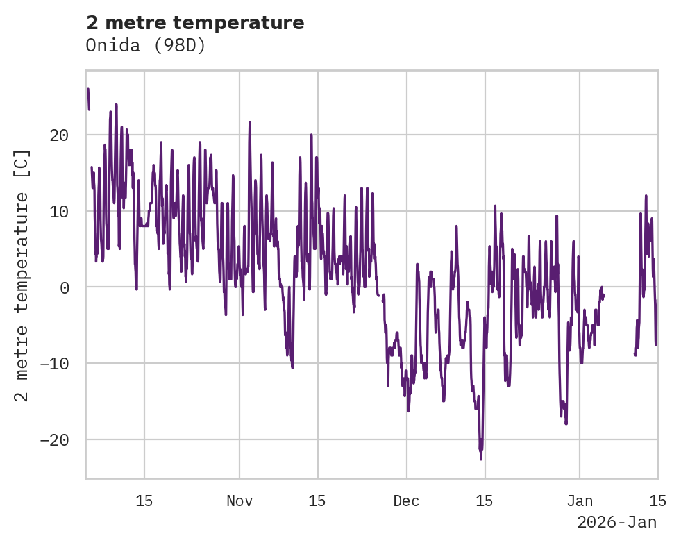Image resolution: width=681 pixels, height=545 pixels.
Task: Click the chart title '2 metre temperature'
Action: pyautogui.click(x=195, y=23)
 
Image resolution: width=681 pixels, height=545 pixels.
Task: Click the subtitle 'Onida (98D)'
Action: pyautogui.click(x=146, y=45)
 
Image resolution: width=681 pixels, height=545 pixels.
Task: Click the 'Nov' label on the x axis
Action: pyautogui.click(x=239, y=501)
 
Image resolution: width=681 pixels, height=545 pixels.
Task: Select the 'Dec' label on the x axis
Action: pyautogui.click(x=406, y=501)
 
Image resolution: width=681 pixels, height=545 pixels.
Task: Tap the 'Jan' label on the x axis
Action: pyautogui.click(x=580, y=501)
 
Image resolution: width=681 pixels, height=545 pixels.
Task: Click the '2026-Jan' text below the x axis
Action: pyautogui.click(x=616, y=522)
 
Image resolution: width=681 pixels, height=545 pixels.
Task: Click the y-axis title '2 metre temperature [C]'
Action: pyautogui.click(x=22, y=275)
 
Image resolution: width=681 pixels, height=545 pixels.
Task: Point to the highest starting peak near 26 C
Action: pyautogui.click(x=88, y=90)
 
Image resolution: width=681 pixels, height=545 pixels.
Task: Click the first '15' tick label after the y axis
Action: pyautogui.click(x=144, y=501)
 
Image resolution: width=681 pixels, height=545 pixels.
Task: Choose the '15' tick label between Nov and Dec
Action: pyautogui.click(x=317, y=501)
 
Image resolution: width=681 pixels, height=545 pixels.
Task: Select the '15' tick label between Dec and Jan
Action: pyautogui.click(x=485, y=501)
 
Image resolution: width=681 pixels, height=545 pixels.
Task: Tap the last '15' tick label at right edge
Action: pyautogui.click(x=657, y=501)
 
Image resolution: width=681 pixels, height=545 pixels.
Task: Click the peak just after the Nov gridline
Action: pyautogui.click(x=249, y=122)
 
